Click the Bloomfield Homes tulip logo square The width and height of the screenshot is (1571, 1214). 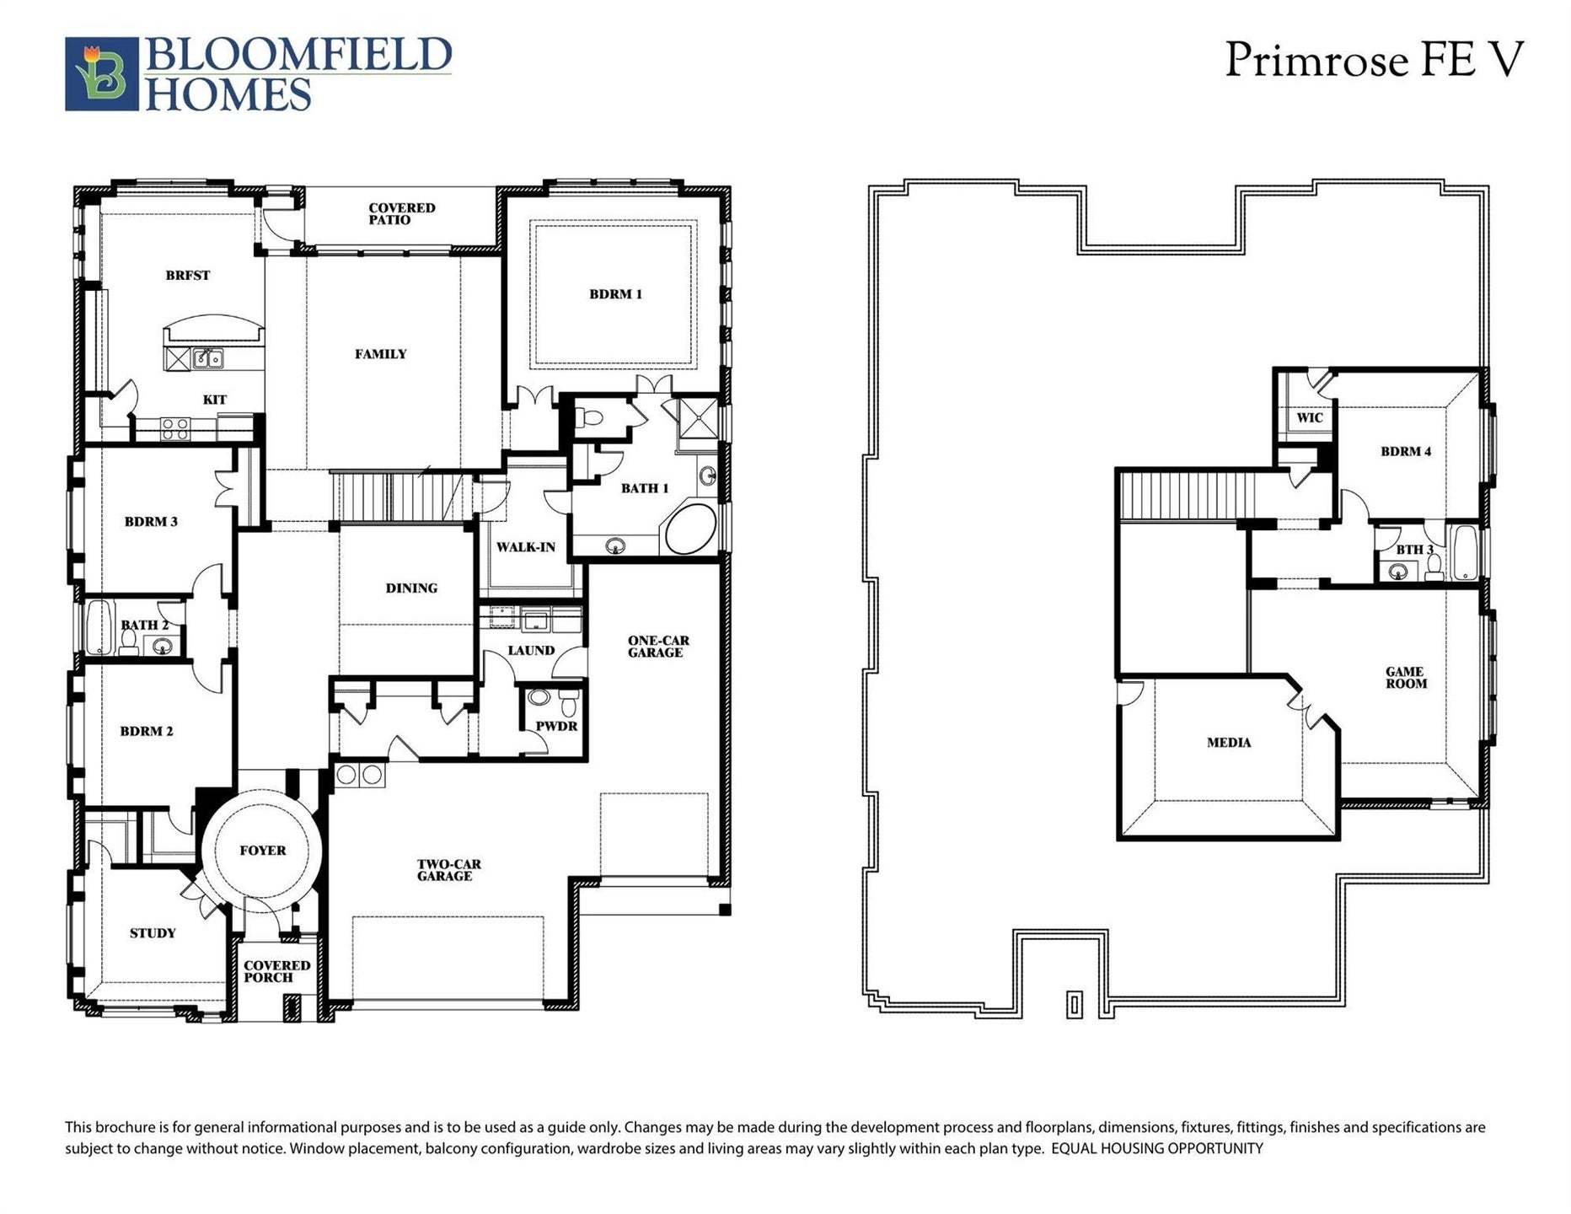101,73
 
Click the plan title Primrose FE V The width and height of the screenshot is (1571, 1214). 1374,61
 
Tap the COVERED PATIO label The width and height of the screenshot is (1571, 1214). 401,214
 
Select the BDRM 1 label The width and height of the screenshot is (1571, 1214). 615,294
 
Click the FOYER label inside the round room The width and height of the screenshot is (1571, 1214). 262,851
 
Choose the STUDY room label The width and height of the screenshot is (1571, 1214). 153,933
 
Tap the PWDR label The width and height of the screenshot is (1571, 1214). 556,726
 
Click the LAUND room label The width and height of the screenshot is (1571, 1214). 531,651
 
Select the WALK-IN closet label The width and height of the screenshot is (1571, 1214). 525,547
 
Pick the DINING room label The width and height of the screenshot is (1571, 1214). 411,588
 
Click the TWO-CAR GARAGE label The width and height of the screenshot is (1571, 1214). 448,870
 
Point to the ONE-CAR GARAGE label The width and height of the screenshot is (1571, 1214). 657,647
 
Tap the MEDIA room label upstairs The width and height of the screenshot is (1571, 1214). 1228,743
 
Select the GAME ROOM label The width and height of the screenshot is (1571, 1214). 1406,678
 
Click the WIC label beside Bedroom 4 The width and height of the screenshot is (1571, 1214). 1309,418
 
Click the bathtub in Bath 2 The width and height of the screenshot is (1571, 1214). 99,627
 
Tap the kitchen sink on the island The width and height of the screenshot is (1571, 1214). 207,359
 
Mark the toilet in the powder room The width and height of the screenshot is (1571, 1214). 569,701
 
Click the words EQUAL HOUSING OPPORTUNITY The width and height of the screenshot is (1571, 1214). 1156,1148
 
